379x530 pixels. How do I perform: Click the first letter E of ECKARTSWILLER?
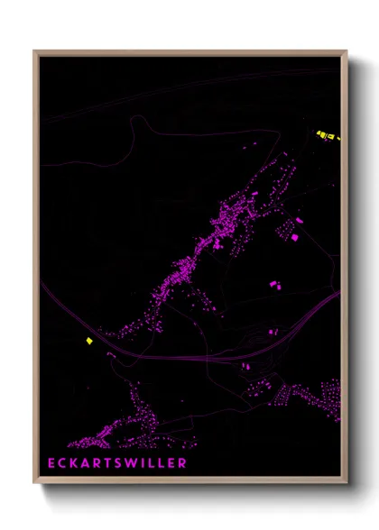click(52, 463)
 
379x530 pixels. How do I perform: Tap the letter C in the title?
click(64, 463)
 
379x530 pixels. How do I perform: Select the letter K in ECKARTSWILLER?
click(76, 463)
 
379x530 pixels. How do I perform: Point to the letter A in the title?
click(88, 463)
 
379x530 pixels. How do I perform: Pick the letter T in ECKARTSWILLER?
click(109, 463)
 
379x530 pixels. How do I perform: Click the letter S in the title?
click(120, 463)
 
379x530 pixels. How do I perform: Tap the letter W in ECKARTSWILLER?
click(134, 463)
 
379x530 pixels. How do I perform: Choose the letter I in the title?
click(145, 463)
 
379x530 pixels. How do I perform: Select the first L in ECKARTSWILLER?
click(153, 463)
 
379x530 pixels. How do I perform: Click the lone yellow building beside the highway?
click(88, 341)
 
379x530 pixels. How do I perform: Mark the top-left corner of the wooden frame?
click(34, 51)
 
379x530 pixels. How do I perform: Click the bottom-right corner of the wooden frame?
click(347, 484)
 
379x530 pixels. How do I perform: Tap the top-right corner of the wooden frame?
click(347, 51)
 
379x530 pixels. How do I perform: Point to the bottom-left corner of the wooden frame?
click(34, 484)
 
